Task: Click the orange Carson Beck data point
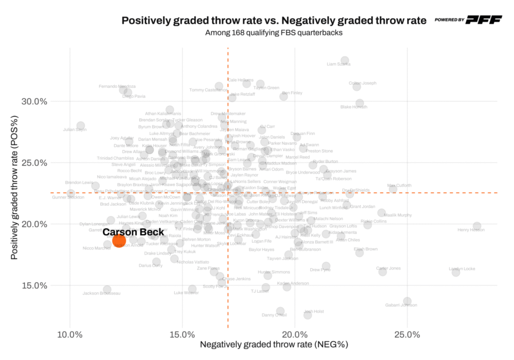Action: click(x=119, y=241)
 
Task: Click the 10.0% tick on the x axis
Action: click(x=70, y=334)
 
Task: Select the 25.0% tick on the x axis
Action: click(x=407, y=334)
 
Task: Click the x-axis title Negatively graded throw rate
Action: click(x=274, y=345)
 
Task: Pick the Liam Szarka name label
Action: click(x=338, y=64)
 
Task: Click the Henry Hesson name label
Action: click(x=471, y=230)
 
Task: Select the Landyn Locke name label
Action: click(x=462, y=269)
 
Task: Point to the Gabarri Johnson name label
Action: click(x=401, y=305)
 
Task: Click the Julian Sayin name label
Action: click(x=75, y=130)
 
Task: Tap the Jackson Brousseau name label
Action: click(x=101, y=293)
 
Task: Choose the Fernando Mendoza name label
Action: click(x=117, y=86)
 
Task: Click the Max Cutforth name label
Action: click(x=400, y=185)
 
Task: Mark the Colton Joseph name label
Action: click(x=362, y=83)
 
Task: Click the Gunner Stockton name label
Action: click(x=68, y=197)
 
